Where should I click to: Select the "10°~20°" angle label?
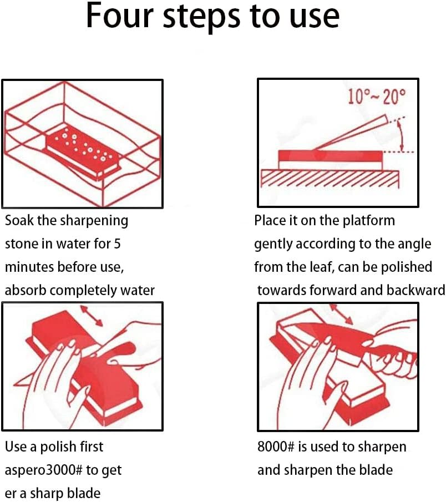(x=377, y=97)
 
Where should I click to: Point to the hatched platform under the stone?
(x=331, y=178)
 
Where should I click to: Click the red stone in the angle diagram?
(x=330, y=155)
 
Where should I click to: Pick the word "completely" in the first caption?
(x=88, y=290)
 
